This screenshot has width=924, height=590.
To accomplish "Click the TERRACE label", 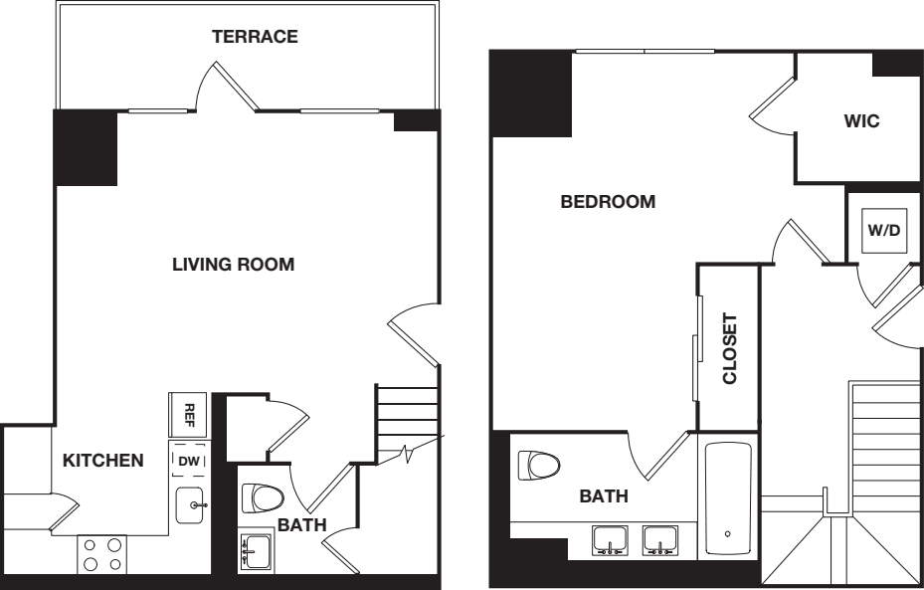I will (x=255, y=38).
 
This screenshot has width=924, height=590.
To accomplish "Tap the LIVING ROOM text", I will (x=234, y=265).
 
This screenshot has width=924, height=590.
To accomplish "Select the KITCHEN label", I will (x=102, y=461).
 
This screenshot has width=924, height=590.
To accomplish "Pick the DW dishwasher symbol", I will (x=188, y=460).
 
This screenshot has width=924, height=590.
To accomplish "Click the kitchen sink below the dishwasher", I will (x=191, y=505).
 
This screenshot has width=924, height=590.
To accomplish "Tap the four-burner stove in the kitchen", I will (x=102, y=554).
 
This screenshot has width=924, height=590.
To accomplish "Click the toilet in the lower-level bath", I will (x=263, y=497).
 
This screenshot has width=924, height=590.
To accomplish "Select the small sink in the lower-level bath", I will (x=255, y=549).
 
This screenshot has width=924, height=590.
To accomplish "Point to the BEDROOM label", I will (x=608, y=202).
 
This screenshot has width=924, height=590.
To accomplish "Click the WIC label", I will (x=861, y=121).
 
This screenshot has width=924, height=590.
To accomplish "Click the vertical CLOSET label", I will (x=729, y=349).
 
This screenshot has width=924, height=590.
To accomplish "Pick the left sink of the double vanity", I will (x=609, y=541).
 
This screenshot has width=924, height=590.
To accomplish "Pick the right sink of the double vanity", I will (x=658, y=541).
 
